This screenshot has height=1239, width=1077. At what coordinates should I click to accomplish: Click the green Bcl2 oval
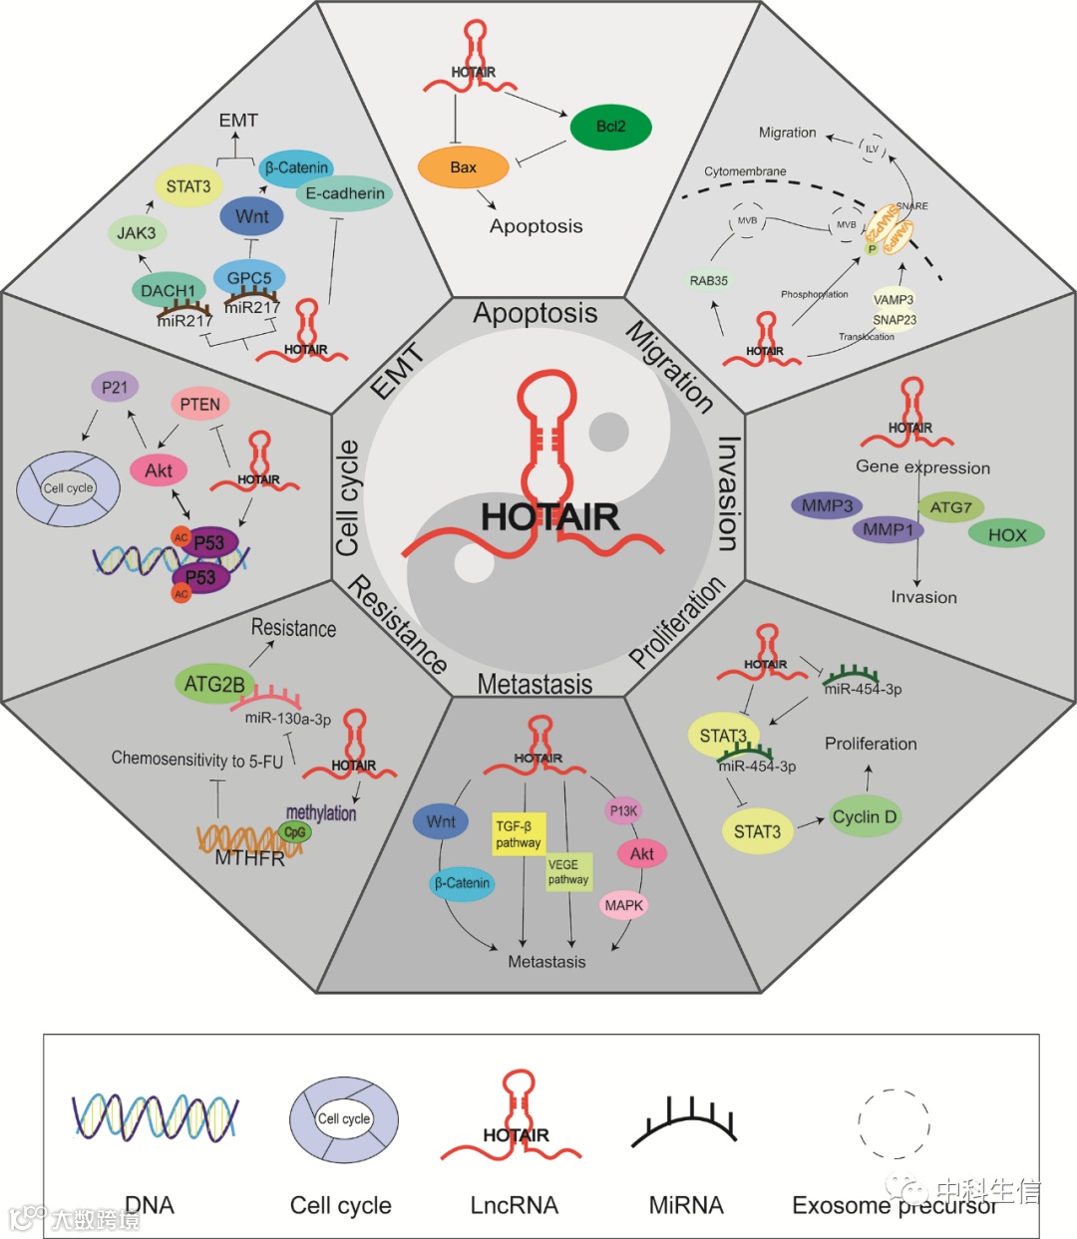[x=610, y=127]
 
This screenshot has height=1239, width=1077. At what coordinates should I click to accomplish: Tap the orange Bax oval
[x=463, y=167]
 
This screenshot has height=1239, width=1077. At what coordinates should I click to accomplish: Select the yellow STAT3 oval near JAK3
[x=188, y=186]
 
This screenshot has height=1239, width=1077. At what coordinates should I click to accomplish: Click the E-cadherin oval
[x=344, y=193]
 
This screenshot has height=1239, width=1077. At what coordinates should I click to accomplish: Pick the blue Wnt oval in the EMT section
[x=251, y=216]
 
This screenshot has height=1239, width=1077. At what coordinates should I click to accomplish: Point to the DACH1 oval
[x=168, y=291]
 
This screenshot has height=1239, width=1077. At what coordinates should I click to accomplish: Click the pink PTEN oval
[x=199, y=404]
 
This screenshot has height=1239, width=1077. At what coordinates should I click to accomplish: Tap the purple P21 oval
[x=115, y=387]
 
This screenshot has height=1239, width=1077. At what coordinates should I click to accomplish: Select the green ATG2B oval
[x=214, y=684]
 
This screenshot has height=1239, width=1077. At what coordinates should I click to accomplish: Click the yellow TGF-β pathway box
[x=519, y=834]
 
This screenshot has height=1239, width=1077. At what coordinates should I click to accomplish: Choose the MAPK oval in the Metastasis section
[x=623, y=905]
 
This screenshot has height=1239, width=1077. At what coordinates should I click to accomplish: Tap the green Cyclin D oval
[x=865, y=817]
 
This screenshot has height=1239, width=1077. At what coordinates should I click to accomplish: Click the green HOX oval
[x=1006, y=534]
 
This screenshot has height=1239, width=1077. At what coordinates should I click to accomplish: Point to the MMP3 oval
[x=827, y=505]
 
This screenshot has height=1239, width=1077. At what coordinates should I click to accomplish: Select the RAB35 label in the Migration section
[x=709, y=281]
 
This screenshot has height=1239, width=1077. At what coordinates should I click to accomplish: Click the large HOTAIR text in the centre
[x=549, y=516]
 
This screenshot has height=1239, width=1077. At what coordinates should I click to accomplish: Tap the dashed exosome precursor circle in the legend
[x=894, y=1122]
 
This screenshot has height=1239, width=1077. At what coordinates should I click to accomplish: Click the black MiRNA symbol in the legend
[x=685, y=1122]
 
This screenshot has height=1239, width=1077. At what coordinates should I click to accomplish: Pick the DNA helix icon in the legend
[x=155, y=1116]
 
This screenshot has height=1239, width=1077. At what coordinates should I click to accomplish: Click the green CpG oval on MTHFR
[x=295, y=832]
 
